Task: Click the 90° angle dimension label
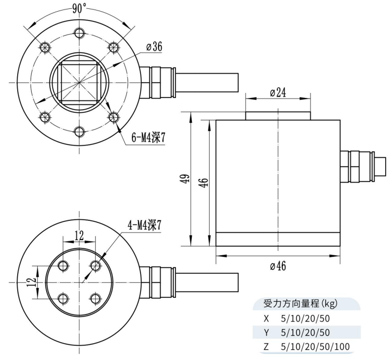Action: click(x=79, y=8)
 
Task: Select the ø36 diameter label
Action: click(x=154, y=47)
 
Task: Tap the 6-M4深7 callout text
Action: click(x=148, y=138)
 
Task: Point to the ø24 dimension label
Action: click(x=278, y=93)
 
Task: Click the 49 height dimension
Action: click(x=184, y=180)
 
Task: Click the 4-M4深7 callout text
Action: click(x=144, y=225)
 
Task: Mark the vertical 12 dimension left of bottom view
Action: click(x=32, y=282)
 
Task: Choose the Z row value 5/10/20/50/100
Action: click(x=316, y=347)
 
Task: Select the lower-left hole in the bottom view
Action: click(x=63, y=298)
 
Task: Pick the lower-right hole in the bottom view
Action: click(x=96, y=298)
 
